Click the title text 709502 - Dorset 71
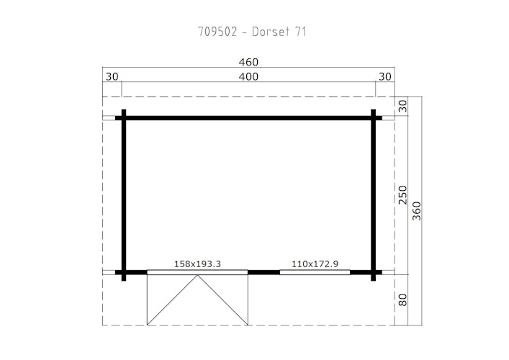(254, 32)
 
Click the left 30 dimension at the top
(112, 77)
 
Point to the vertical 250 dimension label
(403, 195)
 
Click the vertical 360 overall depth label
(417, 210)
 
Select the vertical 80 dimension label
(403, 299)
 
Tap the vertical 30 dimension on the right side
(403, 107)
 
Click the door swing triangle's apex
(197, 275)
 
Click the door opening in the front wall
(197, 272)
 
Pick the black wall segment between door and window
(263, 272)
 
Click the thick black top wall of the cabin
(248, 117)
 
